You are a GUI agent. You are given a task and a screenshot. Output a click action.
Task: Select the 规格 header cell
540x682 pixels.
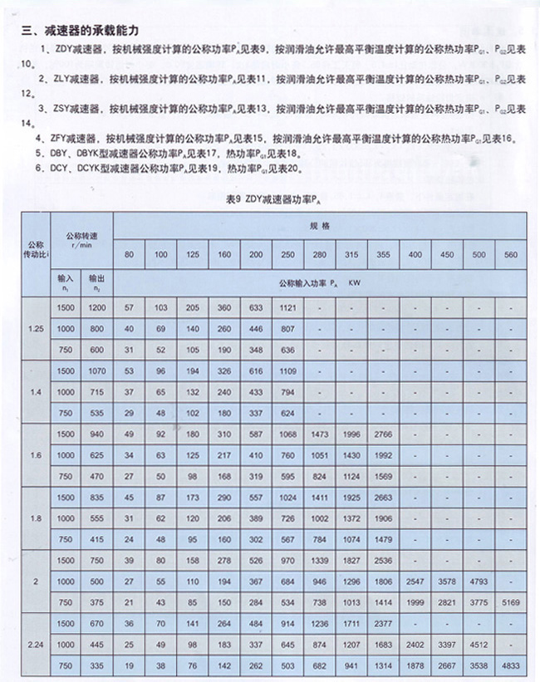pyautogui.click(x=321, y=225)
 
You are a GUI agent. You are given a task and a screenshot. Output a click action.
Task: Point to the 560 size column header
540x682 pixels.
pyautogui.click(x=508, y=253)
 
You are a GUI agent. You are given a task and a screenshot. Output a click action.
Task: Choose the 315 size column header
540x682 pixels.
pyautogui.click(x=352, y=253)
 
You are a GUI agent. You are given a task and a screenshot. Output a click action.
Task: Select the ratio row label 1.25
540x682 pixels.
pyautogui.click(x=34, y=328)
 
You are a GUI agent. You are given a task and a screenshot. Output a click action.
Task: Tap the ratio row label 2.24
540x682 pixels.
pyautogui.click(x=34, y=645)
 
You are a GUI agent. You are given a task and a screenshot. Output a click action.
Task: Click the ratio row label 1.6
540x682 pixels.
pyautogui.click(x=34, y=454)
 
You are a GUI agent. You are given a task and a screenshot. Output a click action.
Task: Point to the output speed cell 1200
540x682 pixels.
pyautogui.click(x=97, y=307)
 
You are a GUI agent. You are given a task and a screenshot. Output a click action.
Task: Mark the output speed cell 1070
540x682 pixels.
pyautogui.click(x=97, y=370)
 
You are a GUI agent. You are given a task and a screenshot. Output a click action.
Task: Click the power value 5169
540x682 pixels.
pyautogui.click(x=508, y=603)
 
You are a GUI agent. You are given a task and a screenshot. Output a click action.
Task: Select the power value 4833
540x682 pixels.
pyautogui.click(x=508, y=665)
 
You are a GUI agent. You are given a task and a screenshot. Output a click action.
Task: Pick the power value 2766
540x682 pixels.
pyautogui.click(x=383, y=434)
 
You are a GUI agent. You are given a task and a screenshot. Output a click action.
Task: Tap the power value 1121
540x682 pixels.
pyautogui.click(x=288, y=307)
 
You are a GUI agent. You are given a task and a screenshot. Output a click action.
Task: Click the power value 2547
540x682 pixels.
pyautogui.click(x=415, y=581)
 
